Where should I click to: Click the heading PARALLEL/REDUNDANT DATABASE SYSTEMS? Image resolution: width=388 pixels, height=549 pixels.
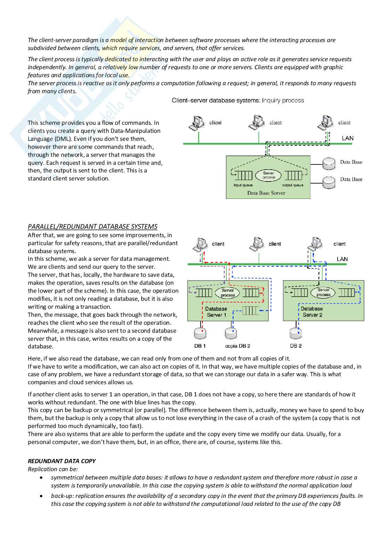tap(92, 226)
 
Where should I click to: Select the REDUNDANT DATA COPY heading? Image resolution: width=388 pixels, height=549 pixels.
tap(62, 461)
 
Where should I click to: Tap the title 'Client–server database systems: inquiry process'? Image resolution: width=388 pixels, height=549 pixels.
tap(238, 100)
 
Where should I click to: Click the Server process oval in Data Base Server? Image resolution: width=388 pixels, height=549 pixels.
tap(268, 175)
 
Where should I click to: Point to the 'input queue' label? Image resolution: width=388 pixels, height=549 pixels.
tap(243, 185)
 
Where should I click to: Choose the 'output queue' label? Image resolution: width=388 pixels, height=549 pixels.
tap(292, 185)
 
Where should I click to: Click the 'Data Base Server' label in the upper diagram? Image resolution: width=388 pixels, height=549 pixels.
tap(266, 193)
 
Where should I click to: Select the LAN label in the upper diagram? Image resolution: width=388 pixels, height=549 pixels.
tap(348, 138)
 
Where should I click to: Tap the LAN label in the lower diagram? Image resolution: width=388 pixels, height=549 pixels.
tap(342, 259)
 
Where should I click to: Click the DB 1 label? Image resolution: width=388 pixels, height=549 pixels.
tap(200, 346)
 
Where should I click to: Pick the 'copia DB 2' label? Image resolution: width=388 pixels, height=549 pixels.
tap(237, 346)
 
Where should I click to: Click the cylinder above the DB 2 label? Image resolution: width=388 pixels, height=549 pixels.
tap(296, 333)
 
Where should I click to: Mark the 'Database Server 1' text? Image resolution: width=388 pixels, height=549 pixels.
tap(216, 312)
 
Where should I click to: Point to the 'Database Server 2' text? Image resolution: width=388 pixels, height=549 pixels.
tap(312, 312)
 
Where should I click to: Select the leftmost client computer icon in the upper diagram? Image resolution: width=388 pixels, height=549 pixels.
tap(196, 123)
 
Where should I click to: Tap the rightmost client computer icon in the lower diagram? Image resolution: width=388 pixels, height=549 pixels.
tap(315, 244)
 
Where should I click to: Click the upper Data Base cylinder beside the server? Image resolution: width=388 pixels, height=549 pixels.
tap(329, 164)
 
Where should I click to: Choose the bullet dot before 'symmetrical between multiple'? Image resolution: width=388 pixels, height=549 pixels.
tap(41, 477)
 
